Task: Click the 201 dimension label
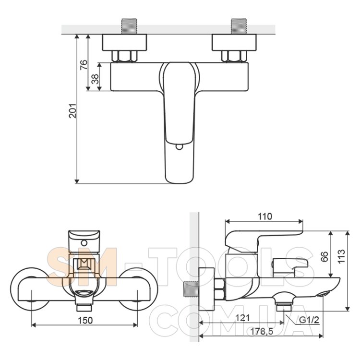tap(73, 111)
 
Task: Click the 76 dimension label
tap(84, 65)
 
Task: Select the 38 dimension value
tap(95, 79)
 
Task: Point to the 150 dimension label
tap(85, 320)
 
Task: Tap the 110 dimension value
tap(264, 216)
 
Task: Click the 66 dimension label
tap(324, 257)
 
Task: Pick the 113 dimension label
tap(341, 256)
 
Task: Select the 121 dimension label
tap(243, 318)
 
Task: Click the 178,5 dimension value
tap(262, 332)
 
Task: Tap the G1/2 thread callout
tap(309, 320)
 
